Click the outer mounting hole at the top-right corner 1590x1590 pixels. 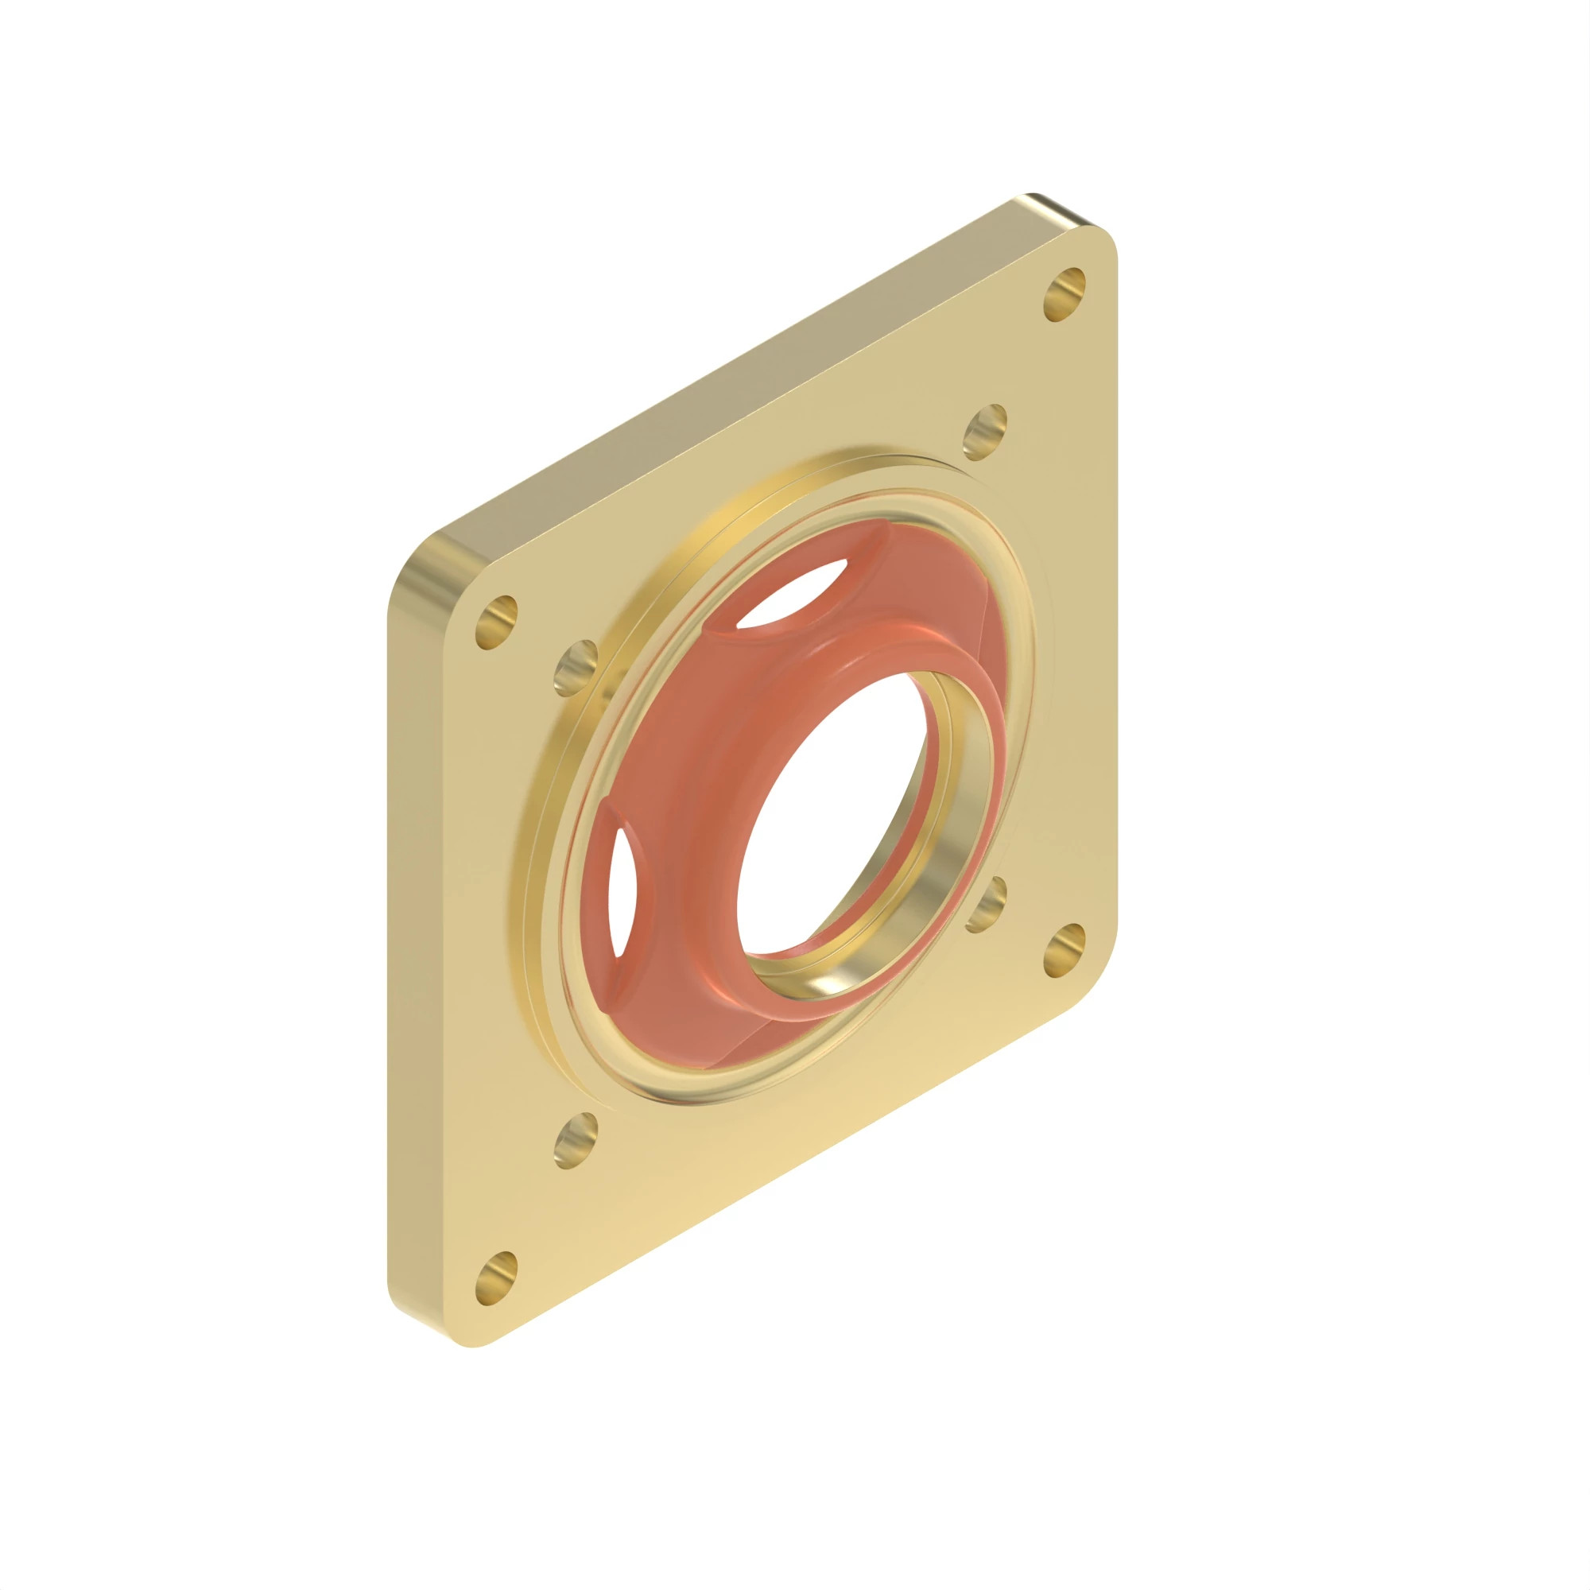pos(1065,294)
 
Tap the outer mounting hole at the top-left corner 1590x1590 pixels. pos(496,622)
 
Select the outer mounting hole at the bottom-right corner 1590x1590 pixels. pos(1065,951)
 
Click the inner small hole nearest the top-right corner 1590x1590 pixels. pos(984,432)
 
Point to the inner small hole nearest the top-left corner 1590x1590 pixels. pos(576,668)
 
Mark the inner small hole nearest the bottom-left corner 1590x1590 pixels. pos(576,1141)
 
